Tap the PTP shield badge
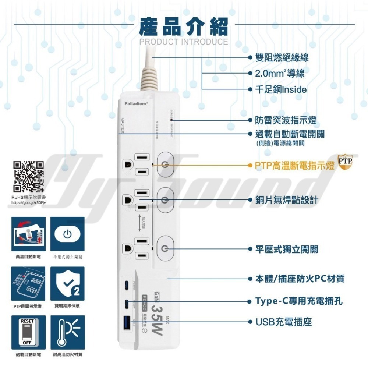point(345,162)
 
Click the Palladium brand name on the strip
point(135,104)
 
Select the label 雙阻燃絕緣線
point(282,58)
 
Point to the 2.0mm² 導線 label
point(280,74)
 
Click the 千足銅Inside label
point(281,89)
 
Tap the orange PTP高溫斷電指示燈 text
point(295,165)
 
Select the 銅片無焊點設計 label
point(287,200)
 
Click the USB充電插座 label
point(284,322)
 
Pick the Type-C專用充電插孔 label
point(299,301)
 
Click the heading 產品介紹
point(184,26)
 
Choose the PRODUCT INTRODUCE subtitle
point(184,42)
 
